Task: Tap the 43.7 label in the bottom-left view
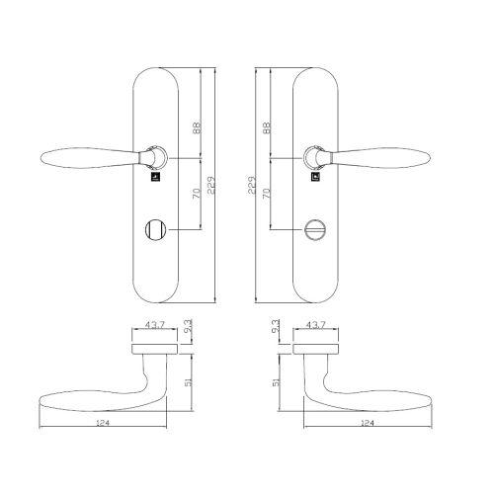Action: point(155,325)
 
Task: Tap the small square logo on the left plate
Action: point(156,180)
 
